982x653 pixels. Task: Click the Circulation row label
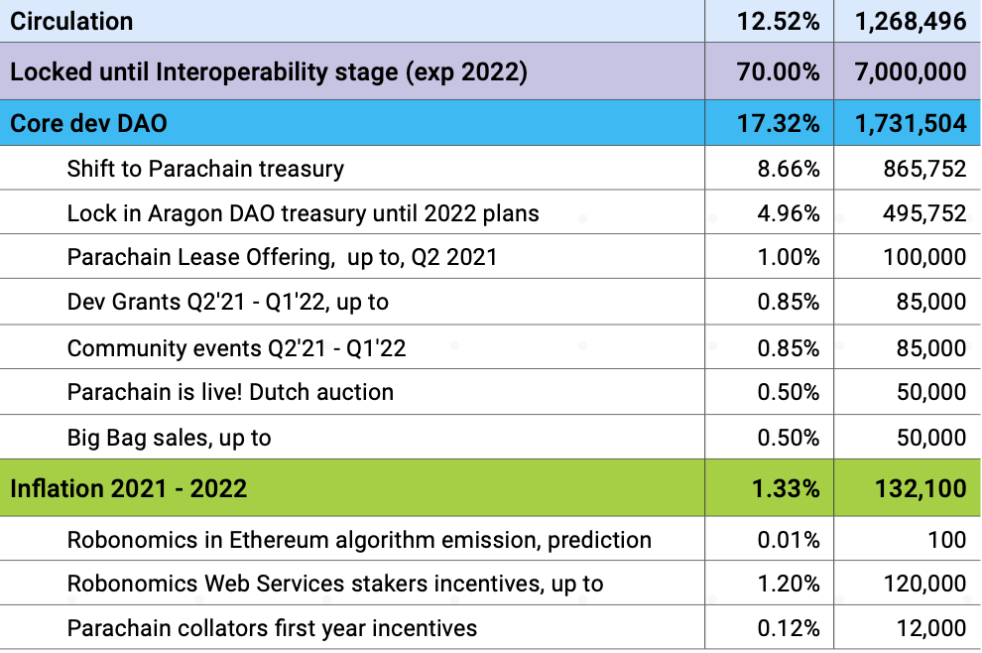(x=71, y=21)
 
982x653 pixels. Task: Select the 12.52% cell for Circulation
(x=779, y=21)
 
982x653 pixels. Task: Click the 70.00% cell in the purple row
(x=779, y=71)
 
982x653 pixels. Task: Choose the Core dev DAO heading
(x=88, y=124)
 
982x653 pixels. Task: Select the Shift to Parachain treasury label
(x=205, y=169)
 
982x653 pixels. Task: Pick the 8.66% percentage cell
(x=789, y=169)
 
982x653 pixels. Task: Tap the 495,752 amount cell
(x=924, y=213)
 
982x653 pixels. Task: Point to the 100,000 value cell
(x=924, y=258)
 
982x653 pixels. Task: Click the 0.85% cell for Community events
(x=789, y=348)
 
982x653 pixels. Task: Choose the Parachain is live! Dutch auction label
(x=230, y=392)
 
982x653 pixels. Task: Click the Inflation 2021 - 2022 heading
(x=129, y=488)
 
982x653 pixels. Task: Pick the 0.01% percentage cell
(x=789, y=540)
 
